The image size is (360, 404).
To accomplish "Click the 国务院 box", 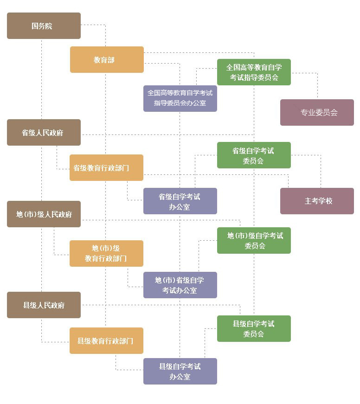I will pyautogui.click(x=44, y=26).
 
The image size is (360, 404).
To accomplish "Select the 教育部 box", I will pyautogui.click(x=107, y=59).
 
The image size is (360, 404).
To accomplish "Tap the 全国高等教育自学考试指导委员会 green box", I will pyautogui.click(x=254, y=72).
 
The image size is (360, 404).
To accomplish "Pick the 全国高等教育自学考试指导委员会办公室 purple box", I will pyautogui.click(x=180, y=98).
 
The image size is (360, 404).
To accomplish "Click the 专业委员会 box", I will pyautogui.click(x=317, y=112).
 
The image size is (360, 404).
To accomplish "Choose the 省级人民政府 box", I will pyautogui.click(x=44, y=132).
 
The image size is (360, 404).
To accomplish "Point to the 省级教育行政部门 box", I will pyautogui.click(x=106, y=167).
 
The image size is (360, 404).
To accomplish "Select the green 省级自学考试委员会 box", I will pyautogui.click(x=254, y=155).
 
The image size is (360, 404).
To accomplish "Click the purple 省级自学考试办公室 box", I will pyautogui.click(x=180, y=201).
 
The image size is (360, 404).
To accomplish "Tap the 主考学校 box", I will pyautogui.click(x=317, y=201).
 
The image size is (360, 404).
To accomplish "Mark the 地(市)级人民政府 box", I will pyautogui.click(x=44, y=214).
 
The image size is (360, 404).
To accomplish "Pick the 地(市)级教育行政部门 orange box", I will pyautogui.click(x=106, y=253).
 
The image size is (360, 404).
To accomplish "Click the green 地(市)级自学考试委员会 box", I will pyautogui.click(x=254, y=240).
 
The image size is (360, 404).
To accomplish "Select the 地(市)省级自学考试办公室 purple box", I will pyautogui.click(x=180, y=285).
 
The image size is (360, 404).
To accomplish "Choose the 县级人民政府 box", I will pyautogui.click(x=44, y=305).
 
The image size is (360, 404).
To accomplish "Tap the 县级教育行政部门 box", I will pyautogui.click(x=106, y=340).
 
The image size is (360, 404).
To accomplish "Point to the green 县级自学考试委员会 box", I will pyautogui.click(x=254, y=328).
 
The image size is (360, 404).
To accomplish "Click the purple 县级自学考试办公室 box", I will pyautogui.click(x=180, y=371).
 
